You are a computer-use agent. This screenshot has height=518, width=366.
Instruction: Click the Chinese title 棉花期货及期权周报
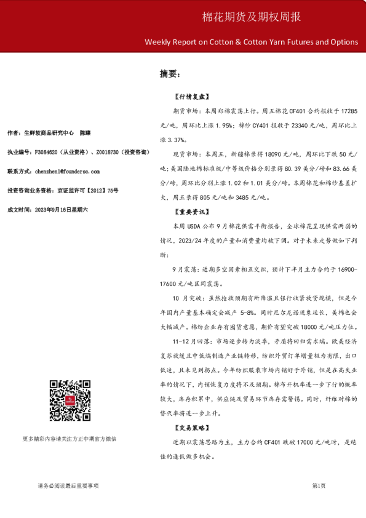252,17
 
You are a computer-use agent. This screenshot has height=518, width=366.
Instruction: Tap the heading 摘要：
170,74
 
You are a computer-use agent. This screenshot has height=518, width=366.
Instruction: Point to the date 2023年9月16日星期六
62,210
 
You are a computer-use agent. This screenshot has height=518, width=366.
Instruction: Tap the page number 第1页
319,485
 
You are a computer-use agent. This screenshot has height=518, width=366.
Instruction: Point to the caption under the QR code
69,439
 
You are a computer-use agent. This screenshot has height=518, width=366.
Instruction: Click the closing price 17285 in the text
348,111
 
